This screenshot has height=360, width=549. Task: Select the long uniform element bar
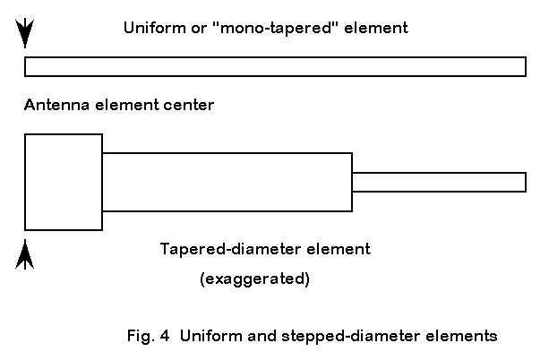(x=275, y=66)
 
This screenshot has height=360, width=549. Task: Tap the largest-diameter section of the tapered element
(x=64, y=182)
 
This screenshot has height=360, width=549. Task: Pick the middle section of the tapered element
(x=227, y=182)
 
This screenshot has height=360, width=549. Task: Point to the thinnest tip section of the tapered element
(x=438, y=182)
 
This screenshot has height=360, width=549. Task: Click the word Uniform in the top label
(x=149, y=28)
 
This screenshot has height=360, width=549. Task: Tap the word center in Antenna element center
(x=189, y=106)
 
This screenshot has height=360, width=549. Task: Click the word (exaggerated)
(x=254, y=279)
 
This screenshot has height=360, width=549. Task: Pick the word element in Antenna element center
(x=123, y=106)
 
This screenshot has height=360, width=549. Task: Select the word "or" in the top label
(x=189, y=28)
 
